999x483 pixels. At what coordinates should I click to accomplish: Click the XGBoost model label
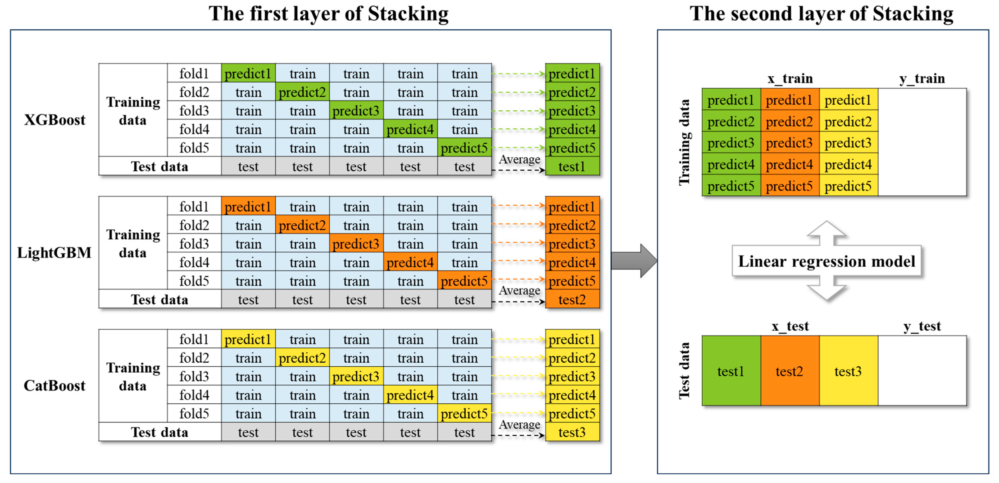55,120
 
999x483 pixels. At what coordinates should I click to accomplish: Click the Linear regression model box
826,261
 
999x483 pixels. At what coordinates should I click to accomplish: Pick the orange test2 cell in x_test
790,371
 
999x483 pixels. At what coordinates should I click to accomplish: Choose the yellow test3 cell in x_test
848,371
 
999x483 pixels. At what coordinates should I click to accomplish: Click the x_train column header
790,78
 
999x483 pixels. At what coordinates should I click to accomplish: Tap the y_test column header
922,326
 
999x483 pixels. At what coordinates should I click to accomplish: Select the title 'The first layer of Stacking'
328,14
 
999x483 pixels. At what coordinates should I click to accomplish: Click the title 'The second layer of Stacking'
821,14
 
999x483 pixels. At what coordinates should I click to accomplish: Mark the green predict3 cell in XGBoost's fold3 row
356,111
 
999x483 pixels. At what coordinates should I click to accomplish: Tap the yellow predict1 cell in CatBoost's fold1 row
248,339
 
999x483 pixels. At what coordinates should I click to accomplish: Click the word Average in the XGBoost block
519,159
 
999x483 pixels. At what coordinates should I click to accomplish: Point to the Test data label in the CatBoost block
159,432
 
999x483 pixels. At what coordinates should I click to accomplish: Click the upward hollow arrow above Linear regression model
826,232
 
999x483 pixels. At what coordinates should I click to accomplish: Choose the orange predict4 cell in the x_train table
790,164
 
